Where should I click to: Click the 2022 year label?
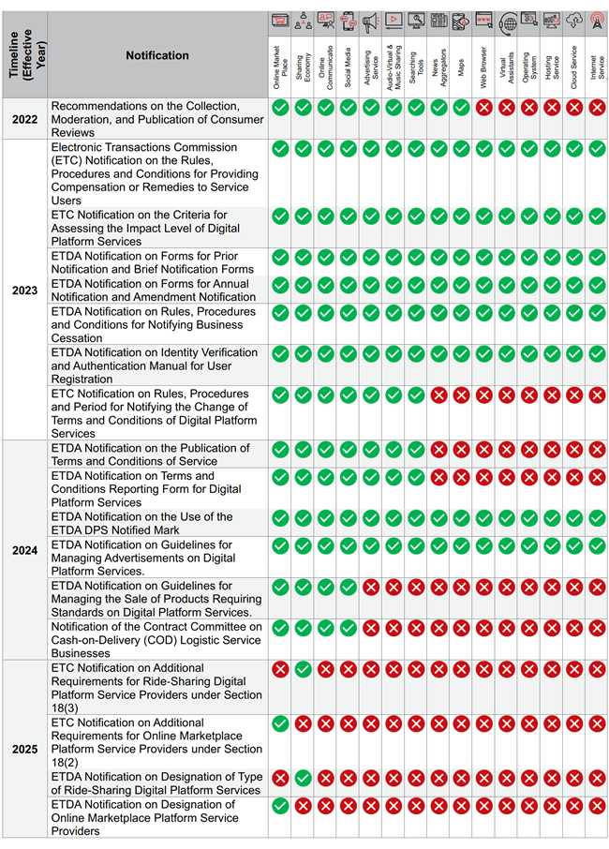[23, 119]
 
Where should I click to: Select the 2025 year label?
[24, 749]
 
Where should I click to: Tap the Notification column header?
[157, 55]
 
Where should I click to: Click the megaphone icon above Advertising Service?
[370, 21]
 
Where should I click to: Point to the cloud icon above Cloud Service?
[574, 21]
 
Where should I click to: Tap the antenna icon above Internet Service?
[597, 21]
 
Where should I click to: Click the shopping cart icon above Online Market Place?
[279, 20]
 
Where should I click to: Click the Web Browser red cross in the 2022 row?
[483, 108]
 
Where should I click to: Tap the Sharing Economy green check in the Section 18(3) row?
[303, 669]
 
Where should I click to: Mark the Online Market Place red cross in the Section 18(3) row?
[279, 669]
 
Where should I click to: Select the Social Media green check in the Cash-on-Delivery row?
[348, 628]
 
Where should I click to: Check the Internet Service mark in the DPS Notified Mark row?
[597, 518]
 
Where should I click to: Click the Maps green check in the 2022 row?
[461, 108]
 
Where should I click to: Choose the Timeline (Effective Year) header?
[23, 55]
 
